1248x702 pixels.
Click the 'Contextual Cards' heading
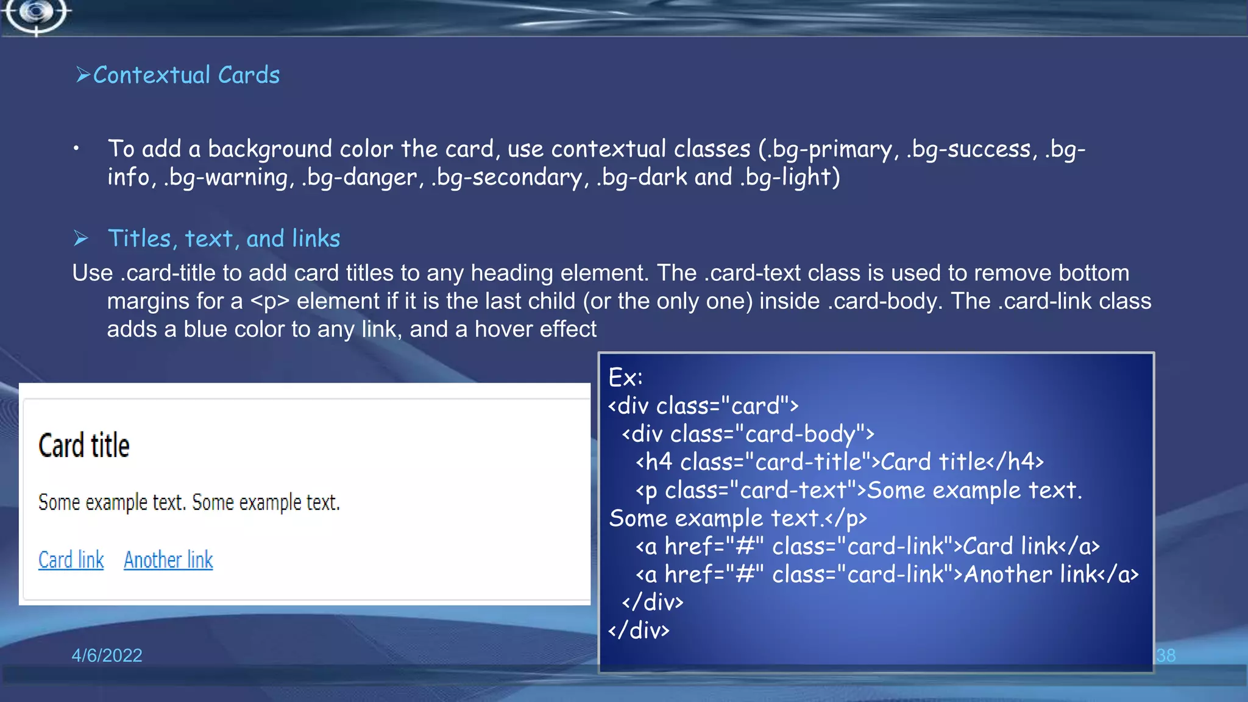coord(186,75)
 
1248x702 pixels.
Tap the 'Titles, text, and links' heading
coord(224,238)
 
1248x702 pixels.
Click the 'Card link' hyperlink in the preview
coord(71,559)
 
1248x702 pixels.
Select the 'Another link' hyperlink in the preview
coord(168,559)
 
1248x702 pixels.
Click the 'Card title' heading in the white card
coord(84,445)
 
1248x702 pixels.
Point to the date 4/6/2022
coord(107,655)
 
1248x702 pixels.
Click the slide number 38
coord(1165,655)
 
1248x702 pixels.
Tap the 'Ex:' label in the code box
coord(625,378)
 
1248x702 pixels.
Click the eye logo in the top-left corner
coord(37,13)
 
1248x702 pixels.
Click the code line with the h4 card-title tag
coord(839,462)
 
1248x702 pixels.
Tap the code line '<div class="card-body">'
coord(748,434)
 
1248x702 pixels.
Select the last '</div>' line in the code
coord(639,630)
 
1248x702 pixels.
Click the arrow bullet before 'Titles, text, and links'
coord(80,238)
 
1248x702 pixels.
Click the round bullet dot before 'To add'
coord(76,148)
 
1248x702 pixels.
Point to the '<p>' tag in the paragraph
coord(269,301)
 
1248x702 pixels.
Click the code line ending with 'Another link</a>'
coord(887,574)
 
